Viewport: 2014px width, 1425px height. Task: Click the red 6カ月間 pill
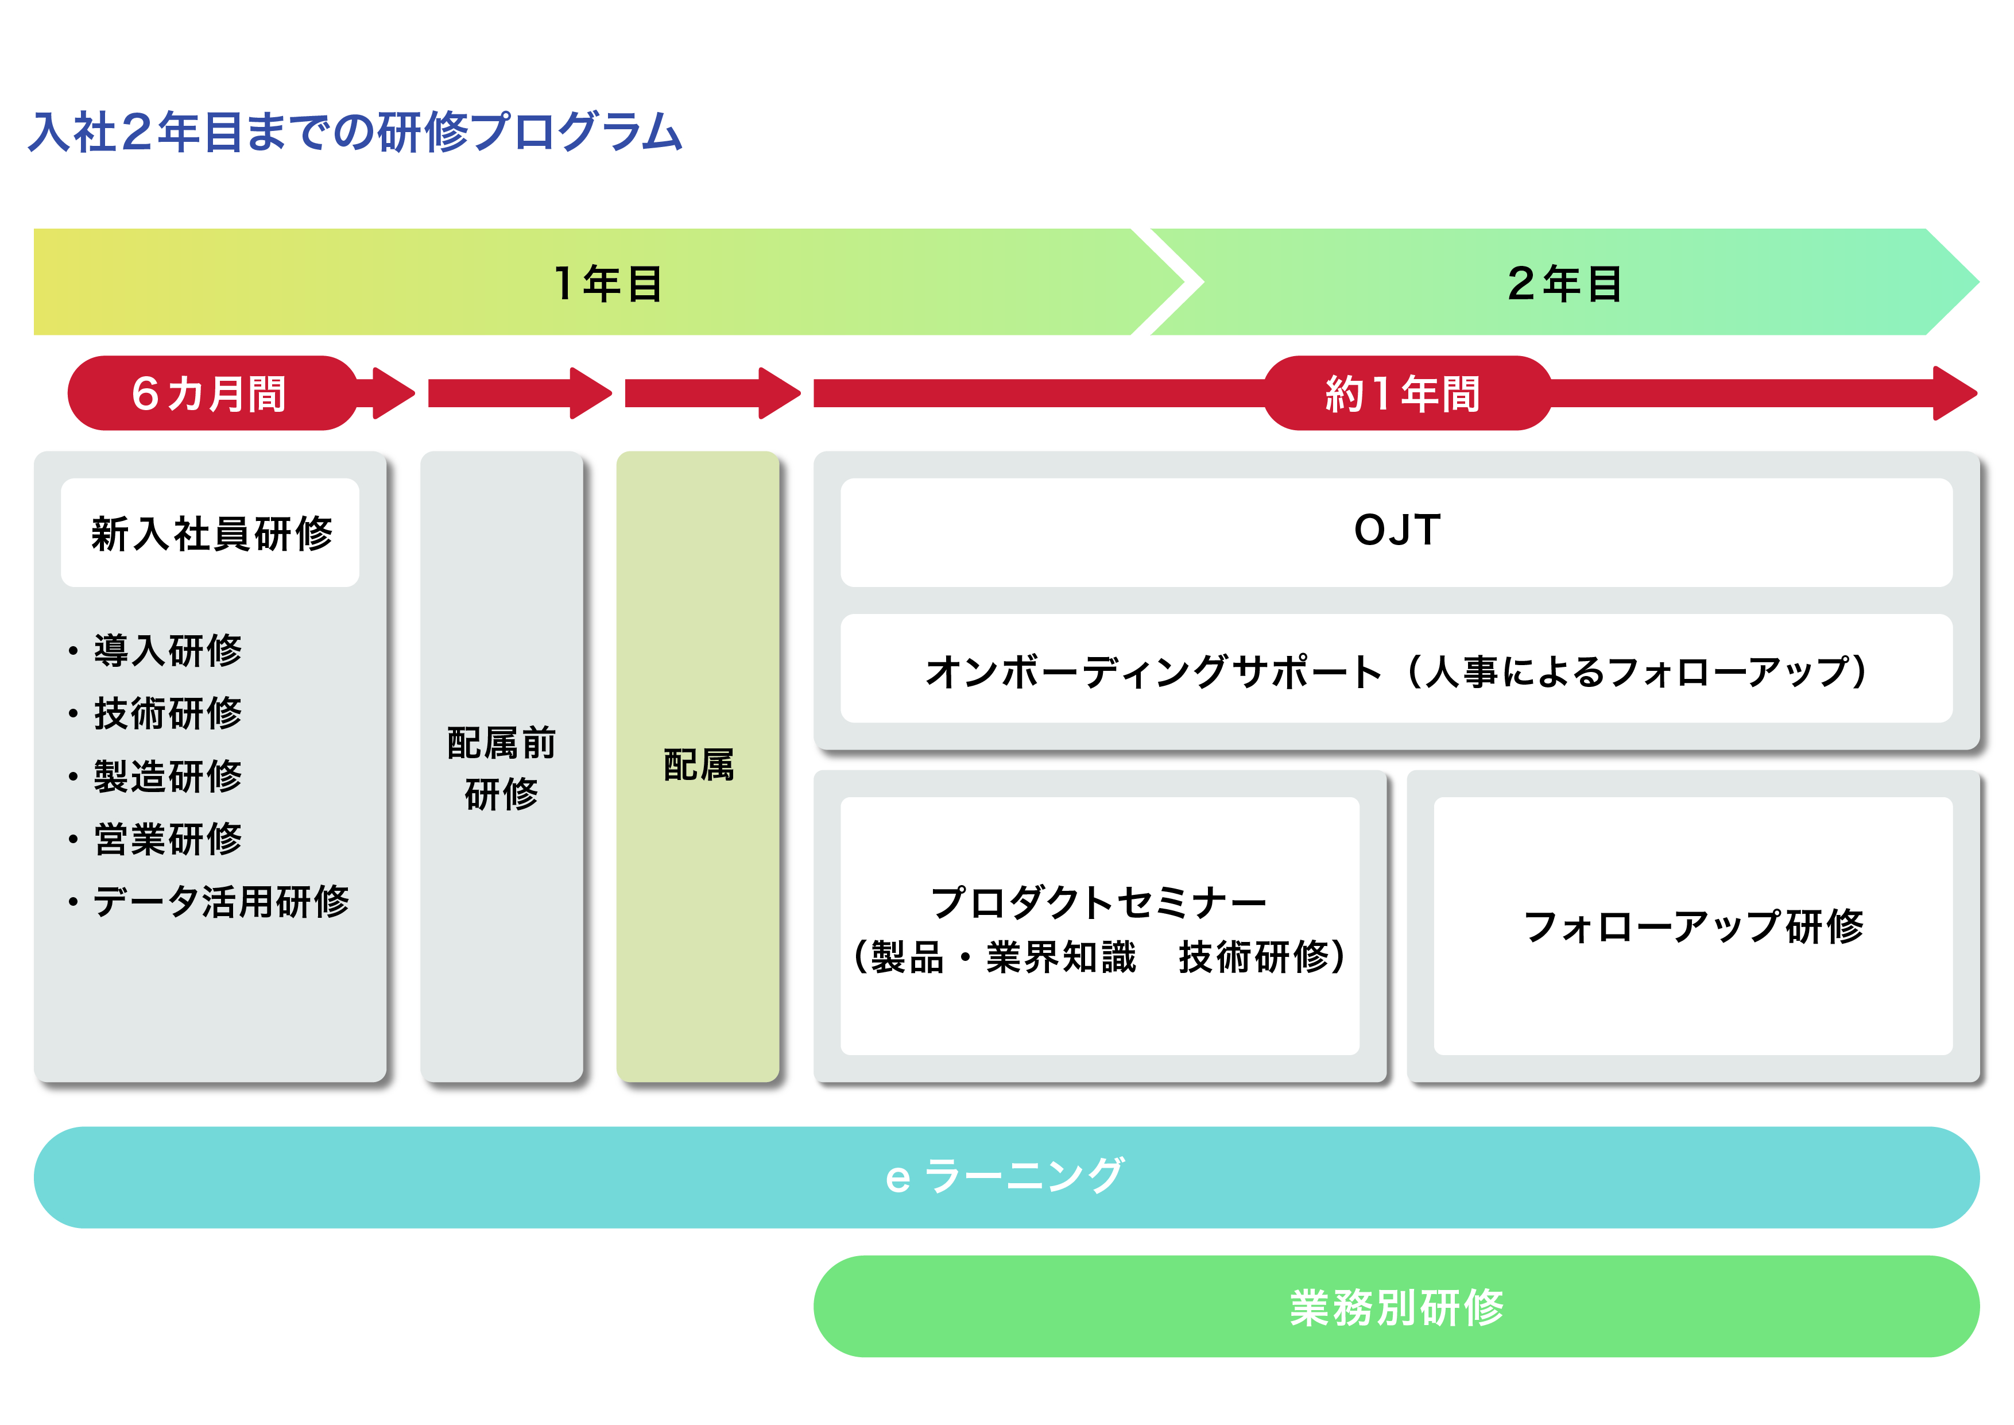[x=212, y=393]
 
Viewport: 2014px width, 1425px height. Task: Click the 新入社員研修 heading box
[x=211, y=532]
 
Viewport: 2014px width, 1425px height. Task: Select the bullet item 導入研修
[x=155, y=650]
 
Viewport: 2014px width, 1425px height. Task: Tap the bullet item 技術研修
[x=155, y=713]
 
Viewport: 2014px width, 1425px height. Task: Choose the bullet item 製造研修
[x=155, y=775]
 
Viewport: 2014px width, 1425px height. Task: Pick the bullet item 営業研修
[x=155, y=839]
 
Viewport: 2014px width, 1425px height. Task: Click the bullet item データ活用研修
[x=209, y=901]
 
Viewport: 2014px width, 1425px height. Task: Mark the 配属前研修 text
[x=502, y=768]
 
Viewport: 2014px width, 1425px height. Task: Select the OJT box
[x=1396, y=532]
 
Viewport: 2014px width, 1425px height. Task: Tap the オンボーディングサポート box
[x=1396, y=669]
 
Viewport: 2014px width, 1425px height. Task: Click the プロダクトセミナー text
[x=1099, y=902]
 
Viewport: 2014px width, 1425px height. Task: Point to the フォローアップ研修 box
[x=1693, y=926]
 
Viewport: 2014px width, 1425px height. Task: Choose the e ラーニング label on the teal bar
[x=1005, y=1176]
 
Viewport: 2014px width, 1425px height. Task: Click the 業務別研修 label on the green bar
[x=1396, y=1307]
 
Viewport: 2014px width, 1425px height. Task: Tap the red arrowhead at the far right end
[x=1955, y=393]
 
